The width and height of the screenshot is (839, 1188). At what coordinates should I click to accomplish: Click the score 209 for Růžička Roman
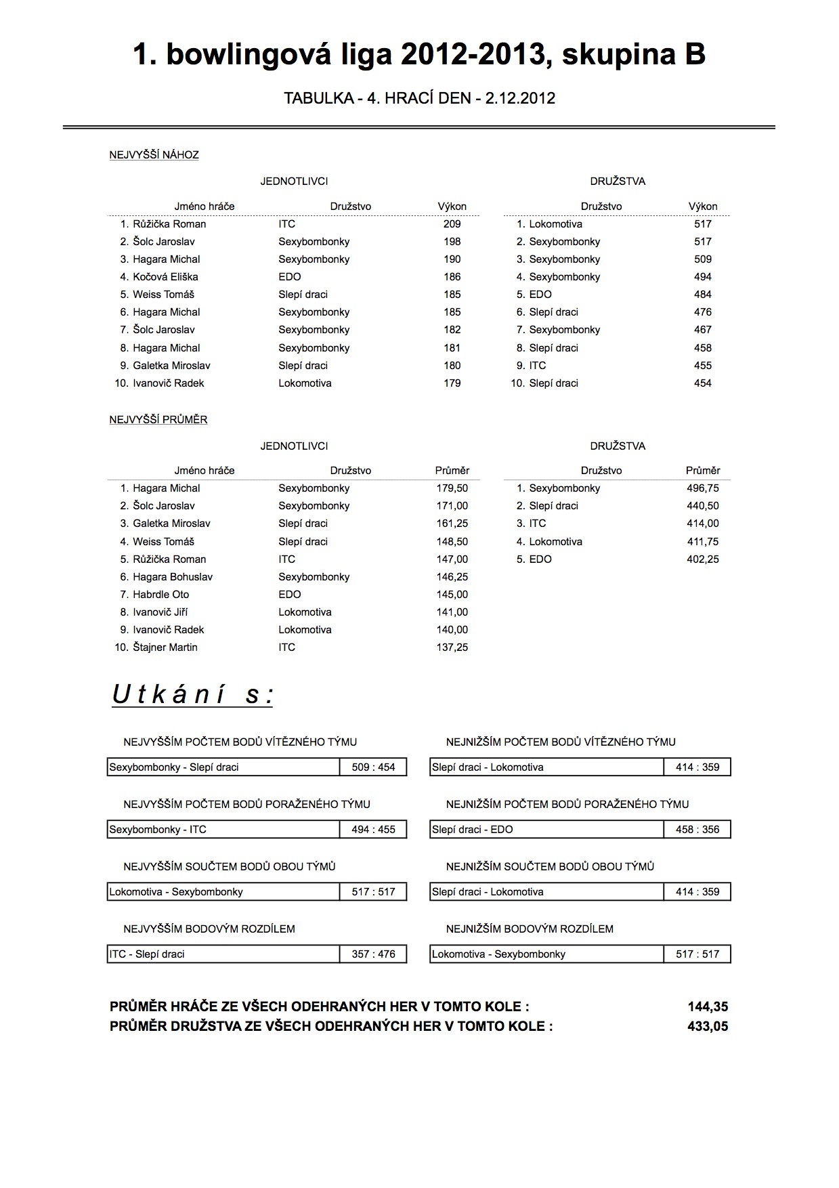point(452,224)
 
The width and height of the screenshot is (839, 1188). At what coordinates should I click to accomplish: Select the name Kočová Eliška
point(165,277)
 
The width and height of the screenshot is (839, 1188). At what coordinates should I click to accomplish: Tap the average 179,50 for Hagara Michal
point(452,488)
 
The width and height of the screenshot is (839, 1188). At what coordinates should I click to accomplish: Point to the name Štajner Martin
point(165,648)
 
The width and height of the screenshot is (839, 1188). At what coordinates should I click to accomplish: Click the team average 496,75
point(702,488)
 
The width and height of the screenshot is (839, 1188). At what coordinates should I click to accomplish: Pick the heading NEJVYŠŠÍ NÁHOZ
point(154,155)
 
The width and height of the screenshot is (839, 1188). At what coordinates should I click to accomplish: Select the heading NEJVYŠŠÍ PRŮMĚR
point(158,420)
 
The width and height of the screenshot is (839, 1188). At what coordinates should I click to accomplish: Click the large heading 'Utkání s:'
point(192,695)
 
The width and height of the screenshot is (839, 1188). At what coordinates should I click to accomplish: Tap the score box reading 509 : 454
point(373,767)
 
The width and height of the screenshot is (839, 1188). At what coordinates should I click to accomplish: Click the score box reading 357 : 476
point(373,954)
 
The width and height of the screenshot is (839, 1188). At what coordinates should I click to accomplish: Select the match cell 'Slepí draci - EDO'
point(473,830)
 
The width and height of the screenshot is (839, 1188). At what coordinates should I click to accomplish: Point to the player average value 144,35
point(708,1007)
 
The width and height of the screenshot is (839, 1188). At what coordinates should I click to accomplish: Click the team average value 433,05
point(708,1026)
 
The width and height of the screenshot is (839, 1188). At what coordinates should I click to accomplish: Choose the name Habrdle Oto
point(161,595)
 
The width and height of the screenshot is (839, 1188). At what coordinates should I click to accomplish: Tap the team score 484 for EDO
point(702,295)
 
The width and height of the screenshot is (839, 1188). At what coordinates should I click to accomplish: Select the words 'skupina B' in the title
point(633,54)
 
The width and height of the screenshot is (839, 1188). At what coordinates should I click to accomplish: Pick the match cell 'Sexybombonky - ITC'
point(158,830)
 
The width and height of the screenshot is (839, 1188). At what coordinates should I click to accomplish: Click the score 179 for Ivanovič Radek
point(452,383)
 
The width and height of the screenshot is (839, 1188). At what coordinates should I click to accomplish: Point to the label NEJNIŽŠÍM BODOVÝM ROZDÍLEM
point(530,929)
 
